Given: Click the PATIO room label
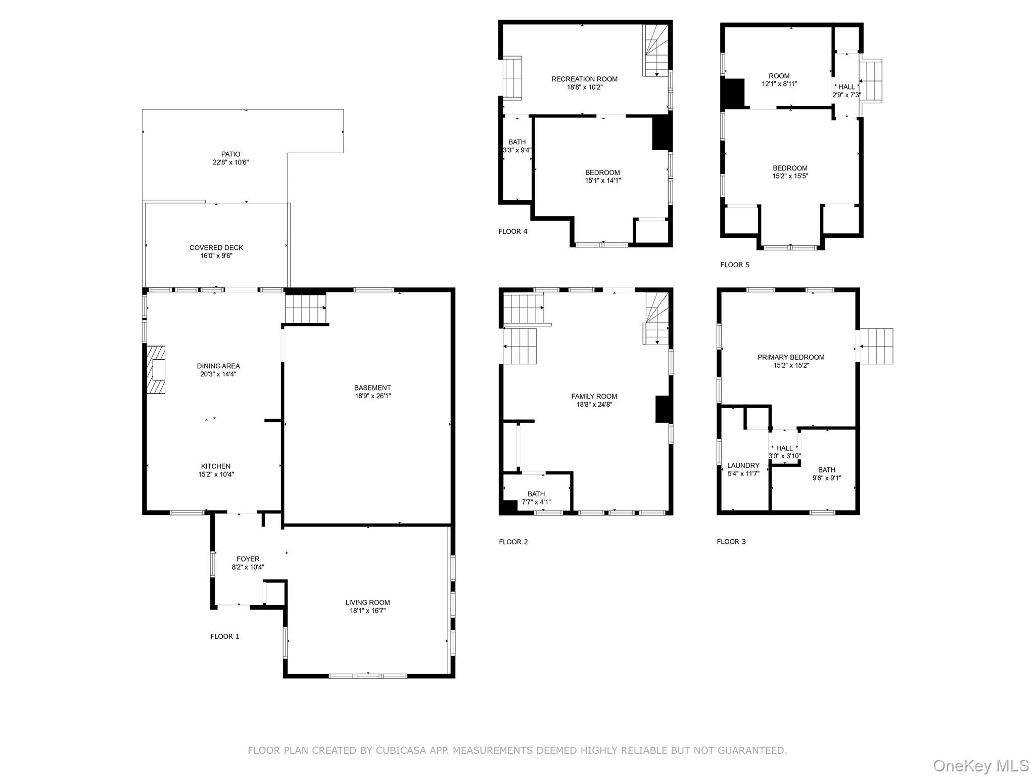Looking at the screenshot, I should (230, 154).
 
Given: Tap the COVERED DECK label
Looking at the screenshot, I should (216, 248).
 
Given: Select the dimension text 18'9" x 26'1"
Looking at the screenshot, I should (372, 396).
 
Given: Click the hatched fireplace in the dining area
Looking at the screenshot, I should (156, 369).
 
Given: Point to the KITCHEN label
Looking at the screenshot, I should (216, 466).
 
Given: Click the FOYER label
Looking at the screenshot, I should (248, 559).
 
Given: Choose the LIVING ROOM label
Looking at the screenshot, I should (367, 602).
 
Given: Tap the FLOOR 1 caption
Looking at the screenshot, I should (225, 636).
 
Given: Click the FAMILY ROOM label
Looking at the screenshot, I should (594, 397).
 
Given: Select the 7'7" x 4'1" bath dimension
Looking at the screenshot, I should (536, 502).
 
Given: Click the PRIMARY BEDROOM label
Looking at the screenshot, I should (791, 357).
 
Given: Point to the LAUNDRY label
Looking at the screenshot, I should (743, 465).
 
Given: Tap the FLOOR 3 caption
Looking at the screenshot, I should (731, 542).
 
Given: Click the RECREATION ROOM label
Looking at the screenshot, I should (584, 79).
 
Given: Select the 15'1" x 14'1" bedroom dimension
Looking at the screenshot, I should (602, 181).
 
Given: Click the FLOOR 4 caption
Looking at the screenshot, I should (512, 232).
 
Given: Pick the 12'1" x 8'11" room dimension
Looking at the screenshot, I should (779, 84).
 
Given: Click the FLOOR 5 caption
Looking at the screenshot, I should (735, 265).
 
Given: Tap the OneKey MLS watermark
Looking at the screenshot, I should (980, 765).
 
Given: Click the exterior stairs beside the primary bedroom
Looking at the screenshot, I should (876, 346).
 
